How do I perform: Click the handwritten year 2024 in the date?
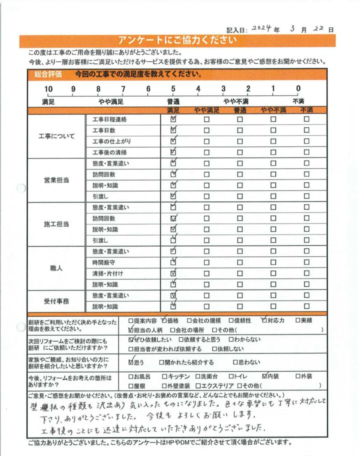(x=265, y=28)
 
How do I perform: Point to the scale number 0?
(x=298, y=89)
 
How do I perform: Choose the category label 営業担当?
(x=56, y=179)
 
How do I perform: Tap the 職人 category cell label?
(x=56, y=268)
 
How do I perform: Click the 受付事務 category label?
(x=56, y=300)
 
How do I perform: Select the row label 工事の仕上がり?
(x=111, y=141)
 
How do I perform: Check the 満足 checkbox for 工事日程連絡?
(x=173, y=119)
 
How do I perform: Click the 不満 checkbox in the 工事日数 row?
(x=306, y=130)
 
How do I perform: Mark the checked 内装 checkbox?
(x=264, y=376)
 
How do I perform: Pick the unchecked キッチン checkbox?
(x=165, y=376)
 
